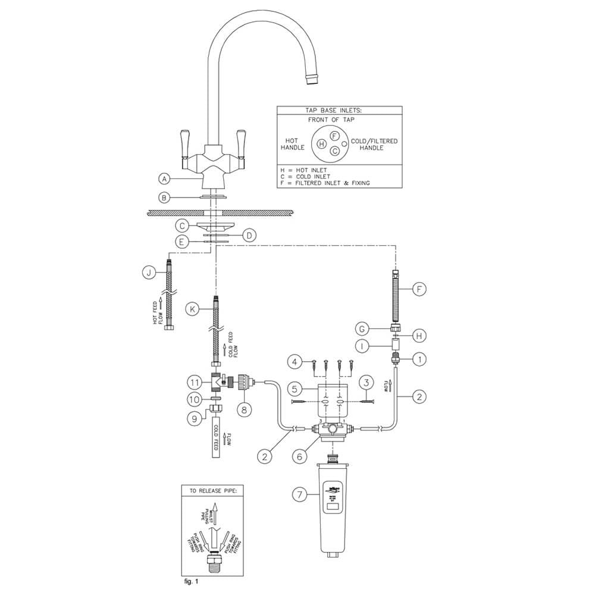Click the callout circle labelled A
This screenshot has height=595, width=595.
(x=165, y=178)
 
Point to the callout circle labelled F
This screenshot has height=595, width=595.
(x=420, y=290)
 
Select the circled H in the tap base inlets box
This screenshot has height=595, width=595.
(x=321, y=143)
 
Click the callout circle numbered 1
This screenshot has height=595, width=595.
(x=420, y=359)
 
